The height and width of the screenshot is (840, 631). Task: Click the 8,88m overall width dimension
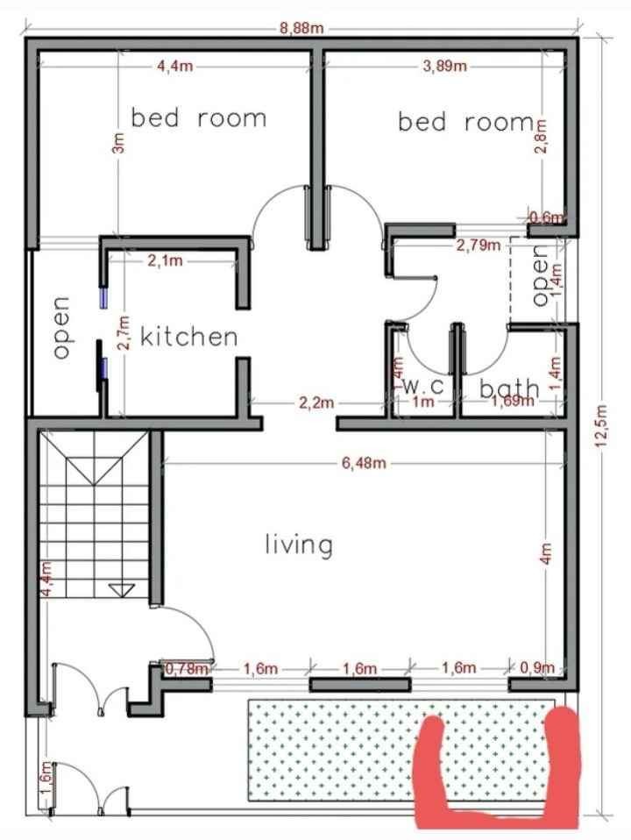pos(301,28)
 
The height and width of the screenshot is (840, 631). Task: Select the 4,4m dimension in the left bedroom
pos(174,67)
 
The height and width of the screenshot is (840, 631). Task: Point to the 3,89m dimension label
pos(444,66)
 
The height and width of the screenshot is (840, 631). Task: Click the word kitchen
pos(189,337)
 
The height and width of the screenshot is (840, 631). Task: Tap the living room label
pos(299,545)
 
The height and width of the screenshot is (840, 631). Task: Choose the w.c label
pos(423,385)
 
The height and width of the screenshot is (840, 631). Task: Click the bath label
pos(509,388)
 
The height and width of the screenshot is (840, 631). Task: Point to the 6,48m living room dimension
pos(364,463)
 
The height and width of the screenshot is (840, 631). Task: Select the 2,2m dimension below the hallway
pos(316,402)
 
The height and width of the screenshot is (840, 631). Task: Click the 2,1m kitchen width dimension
pos(165,261)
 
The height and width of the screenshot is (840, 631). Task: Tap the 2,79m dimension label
pos(479,246)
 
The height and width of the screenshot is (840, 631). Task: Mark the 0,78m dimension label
pos(187,668)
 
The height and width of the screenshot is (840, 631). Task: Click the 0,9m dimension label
pos(537,668)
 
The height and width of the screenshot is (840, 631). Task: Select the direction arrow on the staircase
pos(122,590)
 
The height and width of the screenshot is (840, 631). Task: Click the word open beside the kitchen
pos(62,327)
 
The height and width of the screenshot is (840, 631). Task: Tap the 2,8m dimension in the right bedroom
pos(541,137)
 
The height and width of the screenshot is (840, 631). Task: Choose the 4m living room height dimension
pos(546,553)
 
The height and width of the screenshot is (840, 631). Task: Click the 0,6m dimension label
pos(546,217)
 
